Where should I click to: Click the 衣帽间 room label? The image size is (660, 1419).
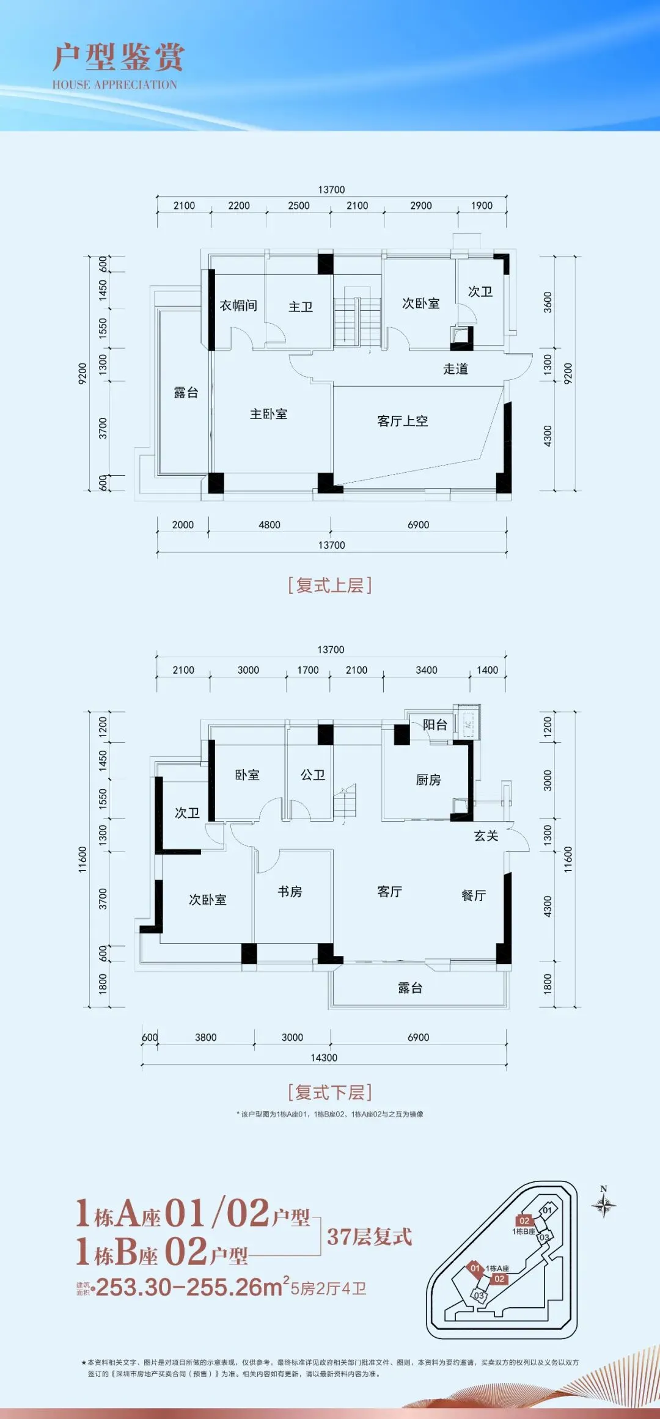point(238,305)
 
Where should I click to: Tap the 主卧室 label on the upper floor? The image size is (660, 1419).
point(268,414)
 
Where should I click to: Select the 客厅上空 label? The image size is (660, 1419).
point(402,421)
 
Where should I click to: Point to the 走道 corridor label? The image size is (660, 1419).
point(455,369)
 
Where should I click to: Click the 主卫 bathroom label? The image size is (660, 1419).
point(301,307)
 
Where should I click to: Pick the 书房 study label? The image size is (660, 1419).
point(290,892)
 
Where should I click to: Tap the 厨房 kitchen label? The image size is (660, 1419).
point(428,780)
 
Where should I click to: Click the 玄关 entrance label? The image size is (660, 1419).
point(486,836)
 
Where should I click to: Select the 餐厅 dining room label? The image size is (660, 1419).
point(474,896)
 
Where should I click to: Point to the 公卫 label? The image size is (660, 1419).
point(312,775)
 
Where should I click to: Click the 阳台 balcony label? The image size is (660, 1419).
point(435,724)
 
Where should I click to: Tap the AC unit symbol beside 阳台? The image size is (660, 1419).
point(468,724)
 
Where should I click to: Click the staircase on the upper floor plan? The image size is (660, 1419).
point(357,318)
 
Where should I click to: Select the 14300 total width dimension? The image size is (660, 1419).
point(324,1057)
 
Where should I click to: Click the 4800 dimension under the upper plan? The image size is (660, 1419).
point(269,525)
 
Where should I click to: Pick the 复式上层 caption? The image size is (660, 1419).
point(330,585)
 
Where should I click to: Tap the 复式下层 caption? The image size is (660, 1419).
point(330,1092)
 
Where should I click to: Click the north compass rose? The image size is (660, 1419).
point(604,1205)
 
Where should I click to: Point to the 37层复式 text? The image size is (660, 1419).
point(369,1237)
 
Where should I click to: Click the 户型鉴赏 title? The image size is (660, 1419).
point(118,57)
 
